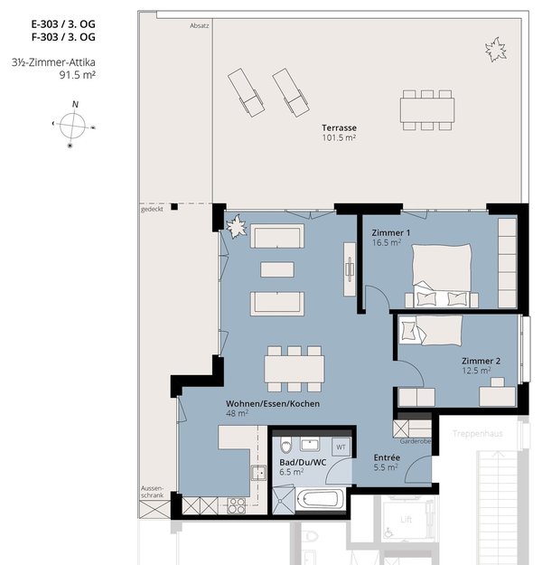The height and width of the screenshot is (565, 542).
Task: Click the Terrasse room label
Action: (339, 128)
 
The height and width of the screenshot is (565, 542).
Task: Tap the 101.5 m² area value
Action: (339, 137)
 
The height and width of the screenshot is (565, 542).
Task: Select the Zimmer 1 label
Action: (391, 232)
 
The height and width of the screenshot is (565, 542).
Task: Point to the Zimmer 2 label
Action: (481, 361)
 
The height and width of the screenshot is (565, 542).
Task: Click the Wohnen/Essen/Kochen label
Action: (273, 403)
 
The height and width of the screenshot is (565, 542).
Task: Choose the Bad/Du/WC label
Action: (303, 462)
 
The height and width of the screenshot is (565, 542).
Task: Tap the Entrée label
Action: (387, 457)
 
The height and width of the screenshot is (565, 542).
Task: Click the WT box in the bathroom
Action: (341, 447)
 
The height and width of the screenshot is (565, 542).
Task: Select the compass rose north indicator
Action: (75, 105)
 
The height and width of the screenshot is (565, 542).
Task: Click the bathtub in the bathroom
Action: (321, 500)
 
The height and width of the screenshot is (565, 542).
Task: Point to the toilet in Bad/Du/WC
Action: (286, 446)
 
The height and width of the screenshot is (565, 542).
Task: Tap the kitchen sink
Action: (258, 473)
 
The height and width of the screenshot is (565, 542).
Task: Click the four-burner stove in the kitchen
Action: (237, 505)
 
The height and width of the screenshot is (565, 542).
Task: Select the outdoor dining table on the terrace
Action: (426, 110)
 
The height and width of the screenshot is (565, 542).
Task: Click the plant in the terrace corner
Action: (496, 50)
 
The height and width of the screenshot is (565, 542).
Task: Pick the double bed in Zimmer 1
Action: (442, 276)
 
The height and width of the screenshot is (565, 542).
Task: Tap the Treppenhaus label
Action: (477, 434)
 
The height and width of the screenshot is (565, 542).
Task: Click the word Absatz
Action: (199, 26)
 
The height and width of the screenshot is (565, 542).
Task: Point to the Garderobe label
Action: (415, 441)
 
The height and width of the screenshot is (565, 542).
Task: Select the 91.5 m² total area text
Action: (78, 75)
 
